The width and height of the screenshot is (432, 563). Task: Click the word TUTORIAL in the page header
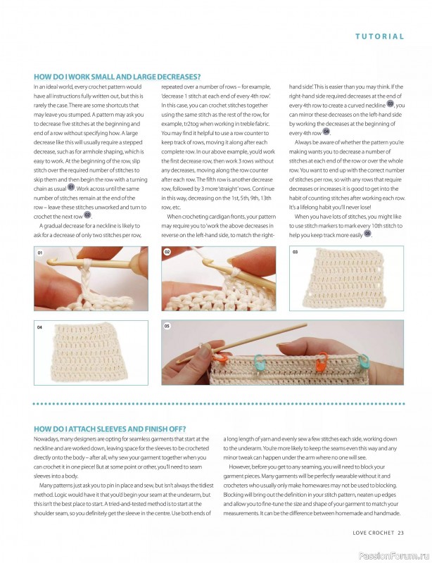point(379,36)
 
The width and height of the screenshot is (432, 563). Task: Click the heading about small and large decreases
point(117,77)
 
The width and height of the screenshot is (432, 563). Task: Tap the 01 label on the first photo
point(41,252)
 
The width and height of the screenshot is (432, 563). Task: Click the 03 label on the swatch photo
point(295,252)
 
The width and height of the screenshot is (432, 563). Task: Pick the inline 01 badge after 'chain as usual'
point(70,187)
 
